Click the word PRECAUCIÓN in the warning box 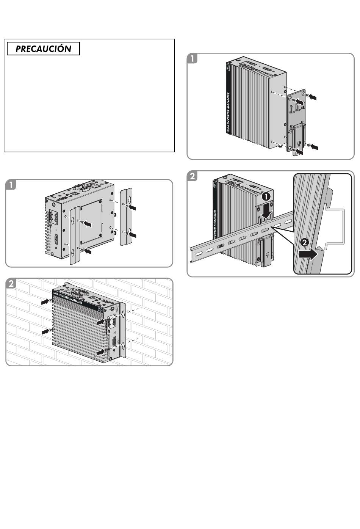pyautogui.click(x=43, y=49)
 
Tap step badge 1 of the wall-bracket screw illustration pyautogui.click(x=11, y=185)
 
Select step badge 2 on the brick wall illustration pyautogui.click(x=11, y=284)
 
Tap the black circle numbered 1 pyautogui.click(x=266, y=196)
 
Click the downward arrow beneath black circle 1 pyautogui.click(x=268, y=210)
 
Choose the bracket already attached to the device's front pyautogui.click(x=75, y=235)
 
